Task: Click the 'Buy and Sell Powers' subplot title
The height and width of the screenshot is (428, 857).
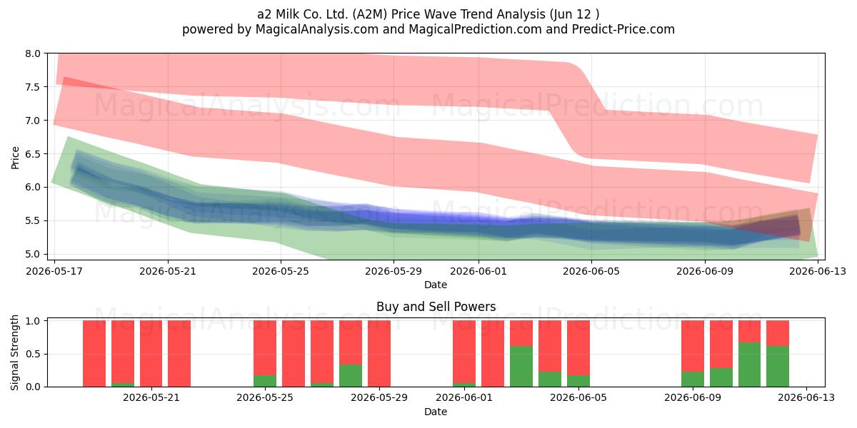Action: [x=436, y=307]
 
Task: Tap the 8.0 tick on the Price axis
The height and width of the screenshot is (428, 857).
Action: [x=33, y=53]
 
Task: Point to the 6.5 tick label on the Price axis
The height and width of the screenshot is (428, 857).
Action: [x=33, y=154]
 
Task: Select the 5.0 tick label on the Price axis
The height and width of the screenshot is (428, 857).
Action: [x=33, y=255]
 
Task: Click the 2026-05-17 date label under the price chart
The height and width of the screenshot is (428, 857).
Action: [x=54, y=271]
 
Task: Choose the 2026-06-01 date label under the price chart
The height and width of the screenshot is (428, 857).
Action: [x=478, y=271]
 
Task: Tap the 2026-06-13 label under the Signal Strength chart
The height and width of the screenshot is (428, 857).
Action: [x=806, y=398]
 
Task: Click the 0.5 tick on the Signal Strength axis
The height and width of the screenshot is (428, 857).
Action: [x=33, y=354]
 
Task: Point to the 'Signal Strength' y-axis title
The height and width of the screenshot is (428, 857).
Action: [x=14, y=352]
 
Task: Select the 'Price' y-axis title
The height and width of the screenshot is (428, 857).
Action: [x=15, y=158]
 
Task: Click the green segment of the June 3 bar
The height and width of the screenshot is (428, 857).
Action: [x=521, y=367]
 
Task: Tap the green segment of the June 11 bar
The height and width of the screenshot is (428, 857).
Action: [x=749, y=365]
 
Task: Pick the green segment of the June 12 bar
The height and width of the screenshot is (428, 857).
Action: [x=778, y=367]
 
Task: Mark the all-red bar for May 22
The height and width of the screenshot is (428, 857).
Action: [x=179, y=354]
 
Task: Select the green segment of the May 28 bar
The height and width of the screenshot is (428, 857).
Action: [x=351, y=376]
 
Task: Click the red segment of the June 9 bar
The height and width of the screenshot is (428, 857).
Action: [x=693, y=346]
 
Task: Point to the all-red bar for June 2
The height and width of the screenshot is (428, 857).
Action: [x=493, y=354]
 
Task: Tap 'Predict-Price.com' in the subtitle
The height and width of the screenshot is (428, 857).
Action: [x=623, y=29]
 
